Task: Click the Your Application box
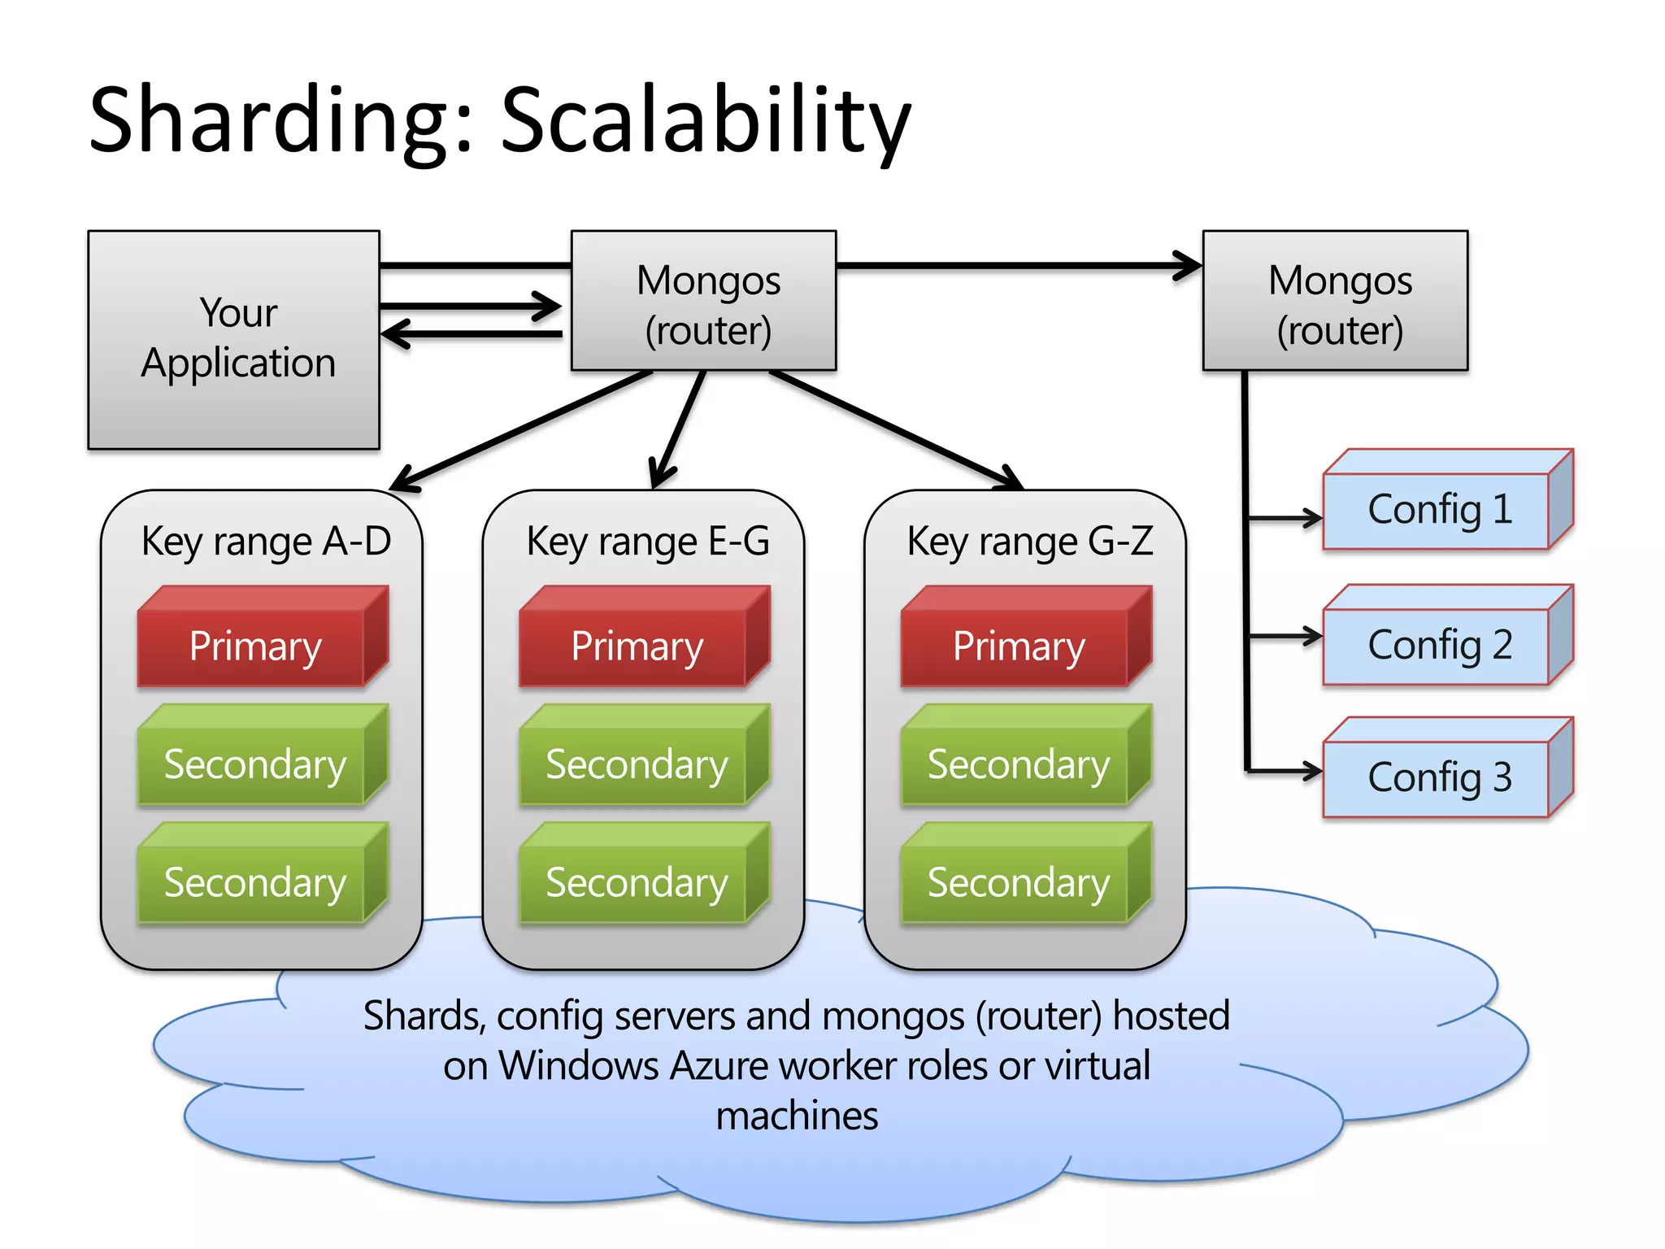(x=234, y=340)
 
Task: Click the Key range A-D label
(x=266, y=542)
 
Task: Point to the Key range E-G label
(x=647, y=542)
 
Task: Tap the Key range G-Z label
(x=1029, y=542)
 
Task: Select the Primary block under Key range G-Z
(x=1018, y=646)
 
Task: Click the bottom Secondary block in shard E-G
(x=636, y=883)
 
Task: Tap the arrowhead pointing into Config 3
(x=1311, y=770)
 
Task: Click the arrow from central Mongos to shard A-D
(x=520, y=431)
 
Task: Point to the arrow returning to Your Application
(x=472, y=334)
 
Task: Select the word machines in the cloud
(x=797, y=1116)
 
